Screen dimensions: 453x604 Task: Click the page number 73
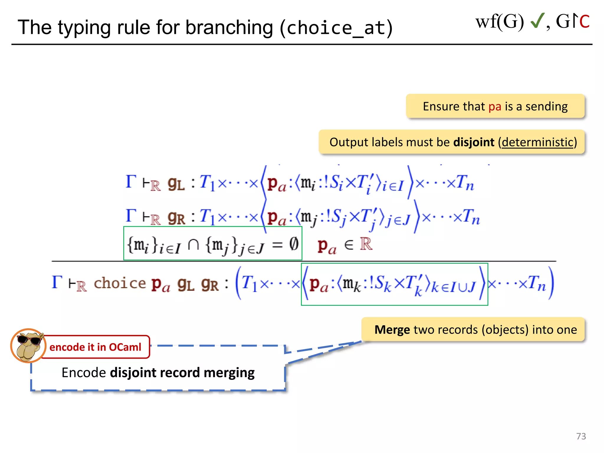[581, 436]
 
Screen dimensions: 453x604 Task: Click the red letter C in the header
[584, 22]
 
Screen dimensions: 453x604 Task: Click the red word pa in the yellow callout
[495, 106]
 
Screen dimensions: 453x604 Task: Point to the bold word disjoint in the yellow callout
[473, 142]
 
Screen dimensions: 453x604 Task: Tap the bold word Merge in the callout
[392, 330]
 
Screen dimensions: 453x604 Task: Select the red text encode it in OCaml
[95, 347]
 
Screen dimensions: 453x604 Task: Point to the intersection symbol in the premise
[193, 245]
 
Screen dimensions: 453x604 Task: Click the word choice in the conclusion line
[120, 283]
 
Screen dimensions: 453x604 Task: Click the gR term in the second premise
[176, 218]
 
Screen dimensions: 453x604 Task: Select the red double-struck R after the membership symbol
[366, 244]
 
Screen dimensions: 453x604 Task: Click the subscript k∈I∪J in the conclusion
[454, 287]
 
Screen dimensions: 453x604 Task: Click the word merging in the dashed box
[229, 373]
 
